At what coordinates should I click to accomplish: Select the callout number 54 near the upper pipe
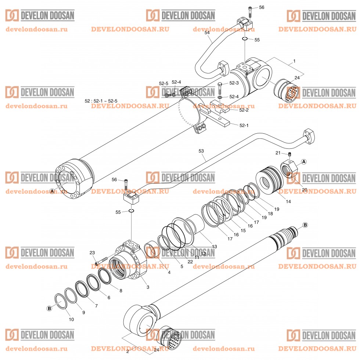click(x=207, y=33)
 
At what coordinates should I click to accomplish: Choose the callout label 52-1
click(x=244, y=125)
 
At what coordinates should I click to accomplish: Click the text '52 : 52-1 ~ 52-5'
click(x=101, y=101)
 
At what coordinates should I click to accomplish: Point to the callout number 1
click(x=294, y=60)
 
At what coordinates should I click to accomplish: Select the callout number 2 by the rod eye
click(x=127, y=352)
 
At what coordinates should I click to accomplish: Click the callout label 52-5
click(x=163, y=83)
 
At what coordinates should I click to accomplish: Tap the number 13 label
click(x=214, y=246)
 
